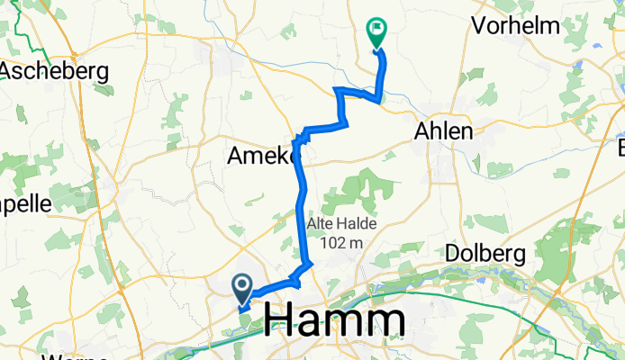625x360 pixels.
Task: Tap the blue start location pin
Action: point(243,287)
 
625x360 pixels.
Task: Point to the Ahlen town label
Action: point(442,131)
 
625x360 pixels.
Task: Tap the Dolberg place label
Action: point(485,254)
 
